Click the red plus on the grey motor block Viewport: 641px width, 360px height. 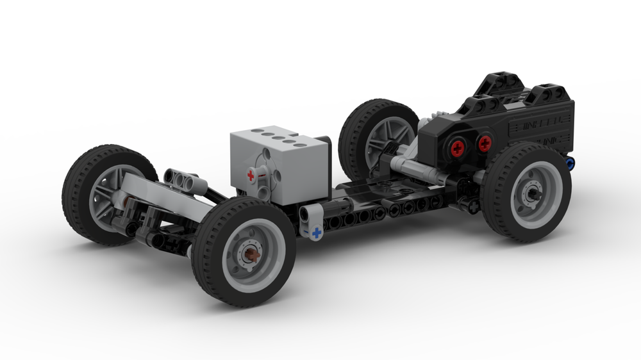click(251, 175)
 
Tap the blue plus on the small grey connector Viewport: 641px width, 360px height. click(315, 234)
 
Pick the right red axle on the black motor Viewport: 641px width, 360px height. click(485, 143)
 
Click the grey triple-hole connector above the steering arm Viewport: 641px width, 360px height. click(185, 180)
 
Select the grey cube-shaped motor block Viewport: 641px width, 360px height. click(282, 160)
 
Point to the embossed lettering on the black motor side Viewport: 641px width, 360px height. click(538, 131)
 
